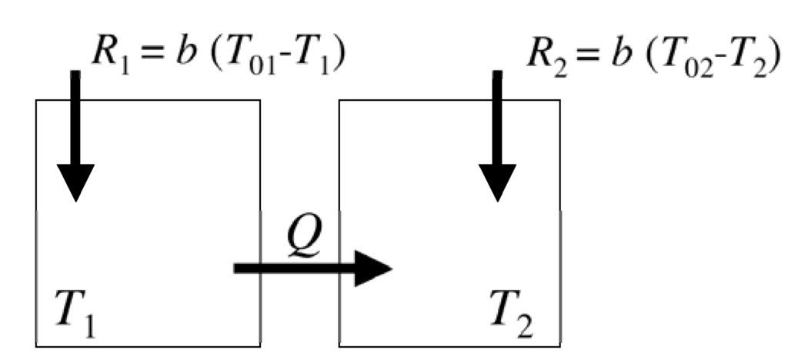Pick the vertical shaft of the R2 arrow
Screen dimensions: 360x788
click(x=497, y=115)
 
